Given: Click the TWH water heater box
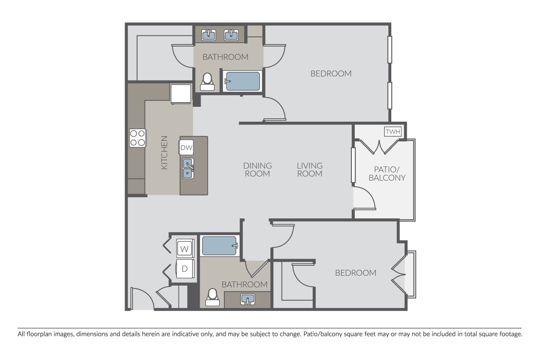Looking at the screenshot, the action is (393, 132).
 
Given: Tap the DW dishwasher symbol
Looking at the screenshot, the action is (186, 147).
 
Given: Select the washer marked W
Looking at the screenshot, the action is (185, 248).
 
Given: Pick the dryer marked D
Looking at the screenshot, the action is (185, 268).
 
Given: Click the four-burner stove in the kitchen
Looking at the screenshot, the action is (137, 138).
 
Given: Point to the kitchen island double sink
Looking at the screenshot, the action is (188, 168).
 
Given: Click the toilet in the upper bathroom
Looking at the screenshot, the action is (207, 82).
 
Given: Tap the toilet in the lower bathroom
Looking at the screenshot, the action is (212, 297).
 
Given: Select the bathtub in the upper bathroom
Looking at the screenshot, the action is (242, 81).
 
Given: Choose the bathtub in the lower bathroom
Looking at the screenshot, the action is (220, 245).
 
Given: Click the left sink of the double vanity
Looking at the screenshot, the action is (209, 35).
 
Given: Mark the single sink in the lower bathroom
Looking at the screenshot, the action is (248, 299).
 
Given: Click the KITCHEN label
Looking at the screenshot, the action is (164, 152).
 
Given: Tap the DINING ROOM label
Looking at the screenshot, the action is (258, 170).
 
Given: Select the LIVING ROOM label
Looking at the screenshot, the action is (310, 170).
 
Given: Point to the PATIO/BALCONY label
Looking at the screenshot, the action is (387, 174).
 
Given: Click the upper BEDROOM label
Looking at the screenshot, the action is (331, 73).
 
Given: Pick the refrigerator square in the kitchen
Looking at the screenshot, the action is (181, 94).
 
